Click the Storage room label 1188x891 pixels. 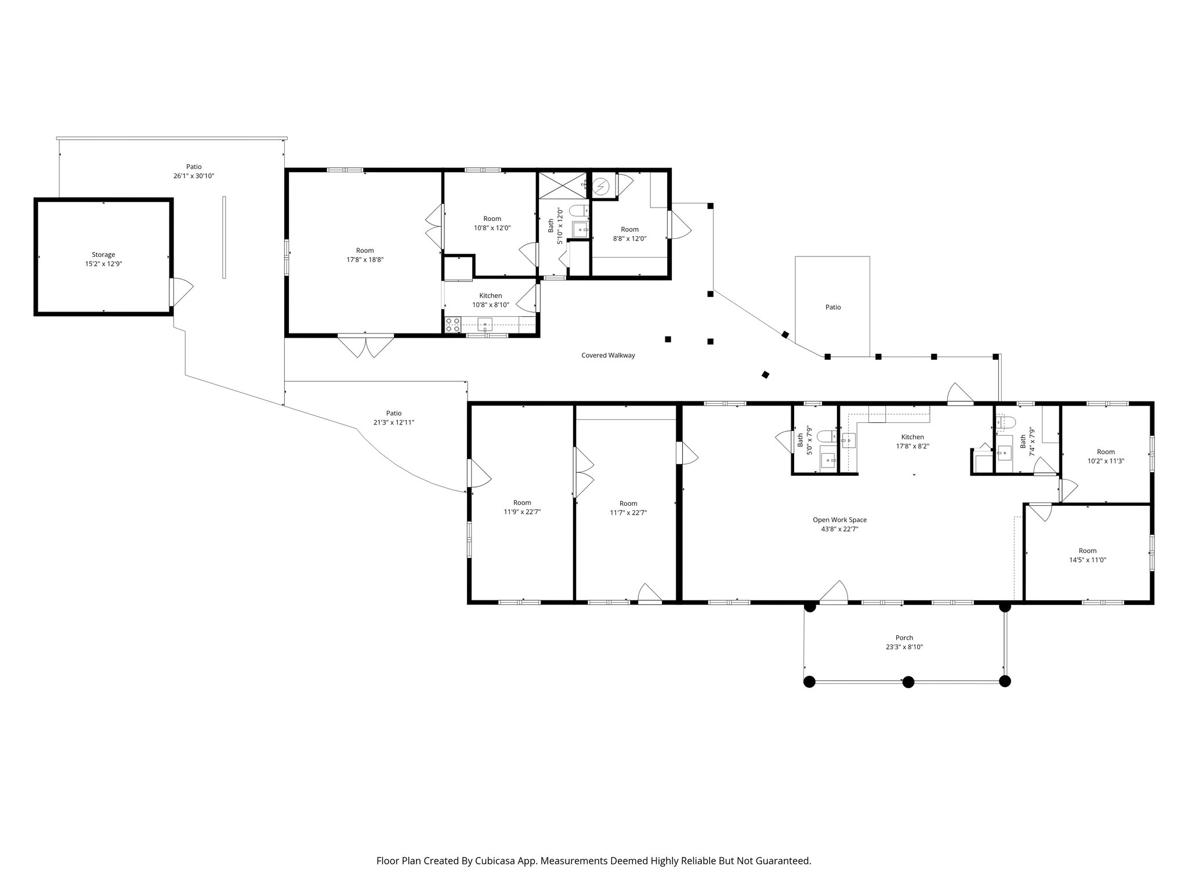[x=103, y=255]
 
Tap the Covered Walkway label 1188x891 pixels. [x=608, y=356]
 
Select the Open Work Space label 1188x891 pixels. [x=839, y=520]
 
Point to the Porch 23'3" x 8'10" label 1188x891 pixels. [x=904, y=643]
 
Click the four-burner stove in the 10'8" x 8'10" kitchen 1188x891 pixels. [x=452, y=325]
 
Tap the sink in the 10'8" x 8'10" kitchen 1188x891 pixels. [x=484, y=324]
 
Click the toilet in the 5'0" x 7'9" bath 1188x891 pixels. [x=826, y=436]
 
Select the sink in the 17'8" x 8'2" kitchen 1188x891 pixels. [x=849, y=440]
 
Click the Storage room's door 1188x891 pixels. [x=181, y=292]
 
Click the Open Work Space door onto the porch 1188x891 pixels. [x=834, y=592]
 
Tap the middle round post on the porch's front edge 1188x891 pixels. [x=908, y=682]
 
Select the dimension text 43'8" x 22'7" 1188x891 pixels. [x=839, y=529]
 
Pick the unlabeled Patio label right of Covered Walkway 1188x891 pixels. [x=833, y=307]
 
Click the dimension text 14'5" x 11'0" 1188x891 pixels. [x=1088, y=560]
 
